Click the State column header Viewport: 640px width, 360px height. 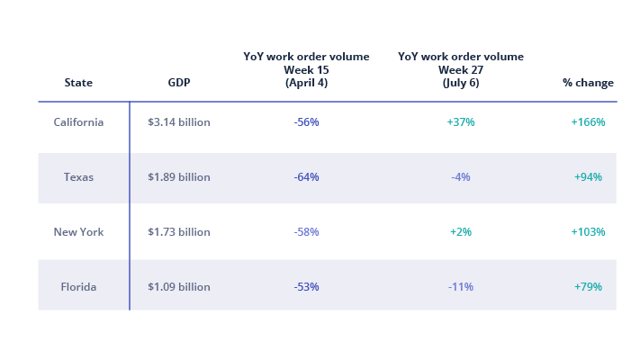point(78,83)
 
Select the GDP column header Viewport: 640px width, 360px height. point(178,83)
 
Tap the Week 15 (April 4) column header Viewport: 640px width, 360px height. point(306,69)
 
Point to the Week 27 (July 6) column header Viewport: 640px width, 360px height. point(461,69)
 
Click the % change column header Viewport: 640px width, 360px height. point(588,83)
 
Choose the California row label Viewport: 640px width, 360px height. point(78,122)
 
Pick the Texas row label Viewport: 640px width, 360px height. point(78,177)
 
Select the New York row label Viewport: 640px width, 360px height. point(78,232)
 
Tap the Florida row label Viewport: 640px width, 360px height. point(78,287)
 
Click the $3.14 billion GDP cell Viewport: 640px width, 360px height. point(178,122)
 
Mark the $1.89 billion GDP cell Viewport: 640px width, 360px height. point(178,177)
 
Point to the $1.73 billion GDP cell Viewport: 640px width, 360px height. point(178,232)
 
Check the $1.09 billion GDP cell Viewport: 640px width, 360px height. point(178,287)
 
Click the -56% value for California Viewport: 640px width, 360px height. point(306,122)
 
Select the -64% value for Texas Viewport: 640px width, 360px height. point(306,177)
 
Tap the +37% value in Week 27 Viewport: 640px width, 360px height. point(461,122)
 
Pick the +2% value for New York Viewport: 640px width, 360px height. point(461,232)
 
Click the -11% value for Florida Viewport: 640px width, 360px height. point(461,287)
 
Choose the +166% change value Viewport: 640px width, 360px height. point(588,122)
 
